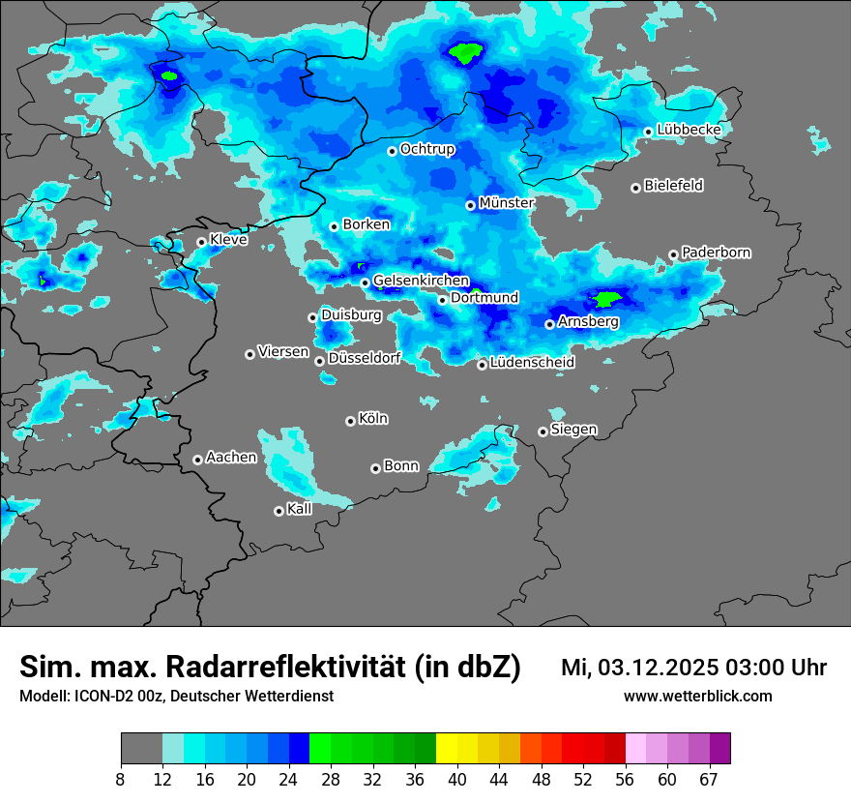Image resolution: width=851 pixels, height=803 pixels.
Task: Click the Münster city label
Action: pos(507,203)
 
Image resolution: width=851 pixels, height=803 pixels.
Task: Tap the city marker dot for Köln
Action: pos(350,421)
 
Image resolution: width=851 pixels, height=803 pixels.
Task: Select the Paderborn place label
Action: pos(716,253)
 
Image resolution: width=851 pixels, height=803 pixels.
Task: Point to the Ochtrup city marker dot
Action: pos(392,151)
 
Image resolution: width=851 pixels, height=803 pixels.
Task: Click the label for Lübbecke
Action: pos(689,130)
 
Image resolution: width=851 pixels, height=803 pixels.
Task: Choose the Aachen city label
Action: pos(231,458)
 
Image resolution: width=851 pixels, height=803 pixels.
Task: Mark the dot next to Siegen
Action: pos(543,431)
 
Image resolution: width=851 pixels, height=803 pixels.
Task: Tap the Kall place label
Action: pos(300,509)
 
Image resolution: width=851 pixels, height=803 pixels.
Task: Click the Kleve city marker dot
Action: pos(201,242)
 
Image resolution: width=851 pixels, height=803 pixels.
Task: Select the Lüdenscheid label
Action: pos(532,363)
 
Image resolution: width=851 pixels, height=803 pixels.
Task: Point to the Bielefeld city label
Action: pos(673,185)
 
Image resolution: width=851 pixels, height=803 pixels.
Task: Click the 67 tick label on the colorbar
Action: pos(709,779)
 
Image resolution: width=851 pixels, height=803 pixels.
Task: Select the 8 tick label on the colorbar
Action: pos(121,779)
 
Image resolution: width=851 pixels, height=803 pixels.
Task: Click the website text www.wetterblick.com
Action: pos(697,697)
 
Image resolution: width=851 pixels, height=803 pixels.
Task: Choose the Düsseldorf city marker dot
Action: pos(319,361)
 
